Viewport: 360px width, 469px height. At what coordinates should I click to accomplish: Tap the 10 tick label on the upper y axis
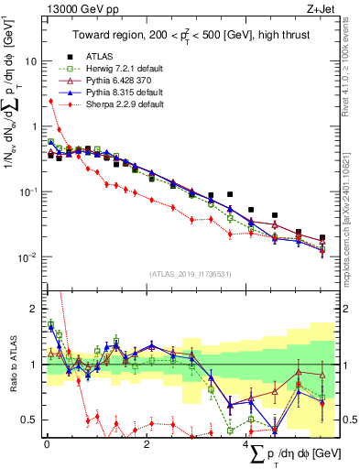(x=31, y=61)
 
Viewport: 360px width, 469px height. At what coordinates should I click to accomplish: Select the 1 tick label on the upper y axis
(x=34, y=126)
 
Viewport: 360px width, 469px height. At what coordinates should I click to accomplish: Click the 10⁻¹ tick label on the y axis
(x=28, y=191)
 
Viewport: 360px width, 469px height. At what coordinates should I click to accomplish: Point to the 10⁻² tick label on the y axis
(x=28, y=256)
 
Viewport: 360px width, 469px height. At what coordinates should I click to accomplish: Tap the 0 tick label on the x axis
(x=47, y=442)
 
